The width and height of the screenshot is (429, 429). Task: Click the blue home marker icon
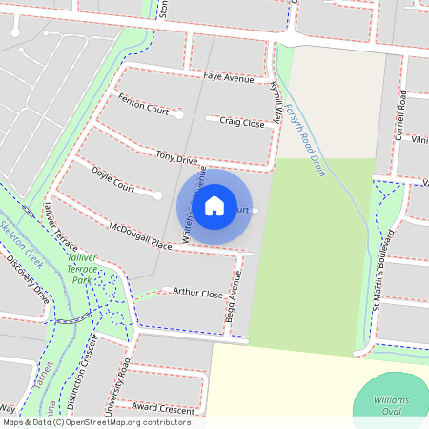[214, 205]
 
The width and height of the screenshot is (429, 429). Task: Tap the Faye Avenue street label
[229, 77]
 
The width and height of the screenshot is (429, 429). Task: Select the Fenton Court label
[143, 104]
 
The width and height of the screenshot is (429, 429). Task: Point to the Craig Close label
[241, 122]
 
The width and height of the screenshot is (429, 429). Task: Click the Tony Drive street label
[176, 156]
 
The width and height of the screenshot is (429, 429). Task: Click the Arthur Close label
[197, 294]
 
